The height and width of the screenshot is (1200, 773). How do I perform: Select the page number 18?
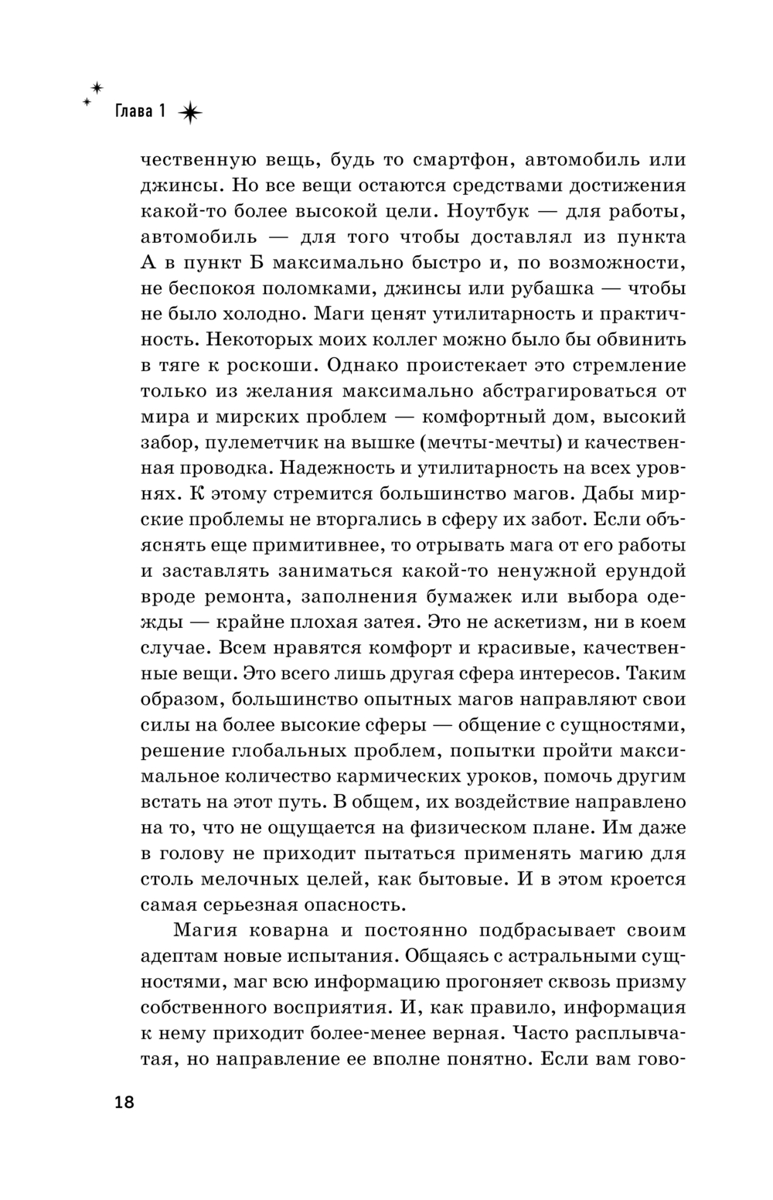[x=124, y=1103]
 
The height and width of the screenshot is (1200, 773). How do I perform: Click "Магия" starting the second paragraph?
[x=203, y=930]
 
